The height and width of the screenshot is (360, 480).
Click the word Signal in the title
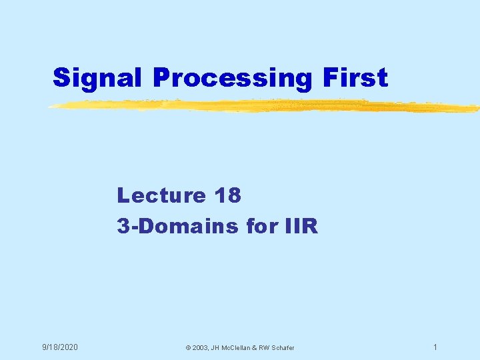tap(99, 78)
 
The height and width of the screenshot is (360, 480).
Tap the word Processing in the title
tap(231, 78)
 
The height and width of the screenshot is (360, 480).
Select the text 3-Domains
tap(177, 227)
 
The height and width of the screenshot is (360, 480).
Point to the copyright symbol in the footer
tap(188, 348)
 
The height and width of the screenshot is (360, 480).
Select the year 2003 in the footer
tap(201, 348)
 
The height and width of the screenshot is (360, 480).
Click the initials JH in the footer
tap(218, 348)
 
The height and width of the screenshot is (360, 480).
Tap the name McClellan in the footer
tap(241, 348)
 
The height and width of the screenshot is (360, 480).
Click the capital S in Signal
tap(61, 78)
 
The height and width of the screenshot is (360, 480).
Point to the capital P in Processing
tap(161, 78)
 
